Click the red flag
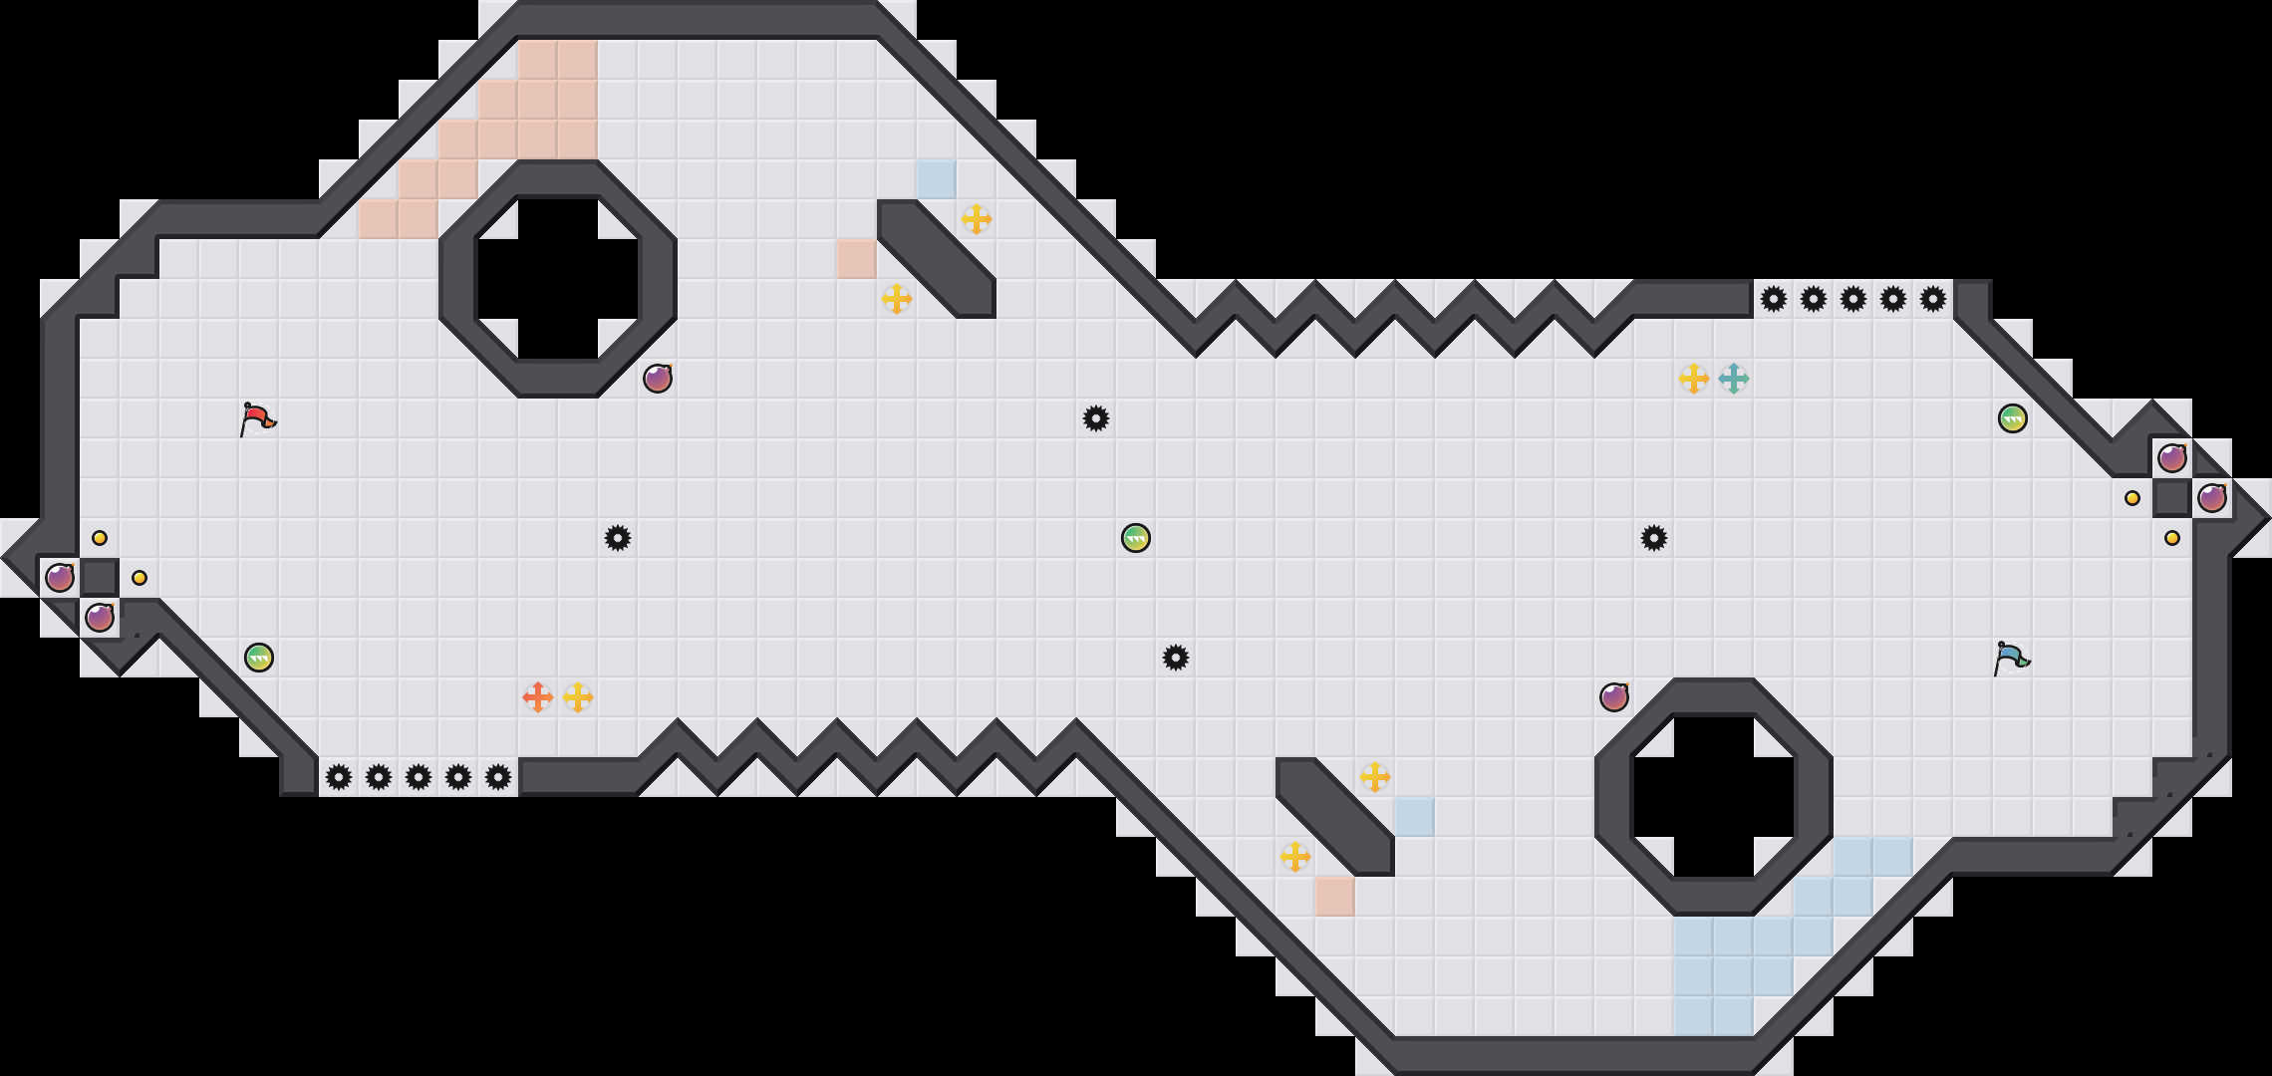[x=257, y=418]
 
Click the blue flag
[x=2011, y=658]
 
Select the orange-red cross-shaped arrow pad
[x=538, y=697]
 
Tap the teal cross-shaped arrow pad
[x=1734, y=379]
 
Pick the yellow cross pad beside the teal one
[x=1694, y=379]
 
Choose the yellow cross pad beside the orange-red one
[x=578, y=697]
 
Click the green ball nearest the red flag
[x=259, y=658]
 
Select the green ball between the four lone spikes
[x=1136, y=538]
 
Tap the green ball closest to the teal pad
[x=2013, y=418]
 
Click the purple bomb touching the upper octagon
[x=658, y=379]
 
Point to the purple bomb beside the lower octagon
[x=1614, y=697]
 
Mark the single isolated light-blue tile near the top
[x=937, y=179]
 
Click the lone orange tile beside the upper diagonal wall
[x=857, y=259]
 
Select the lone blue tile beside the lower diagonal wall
[x=1415, y=817]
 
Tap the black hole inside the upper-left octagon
[x=558, y=279]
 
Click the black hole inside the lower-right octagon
[x=1714, y=797]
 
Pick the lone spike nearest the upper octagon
[x=618, y=538]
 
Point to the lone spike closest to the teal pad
[x=1654, y=538]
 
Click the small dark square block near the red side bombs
[x=100, y=578]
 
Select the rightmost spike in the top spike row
[x=1933, y=299]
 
